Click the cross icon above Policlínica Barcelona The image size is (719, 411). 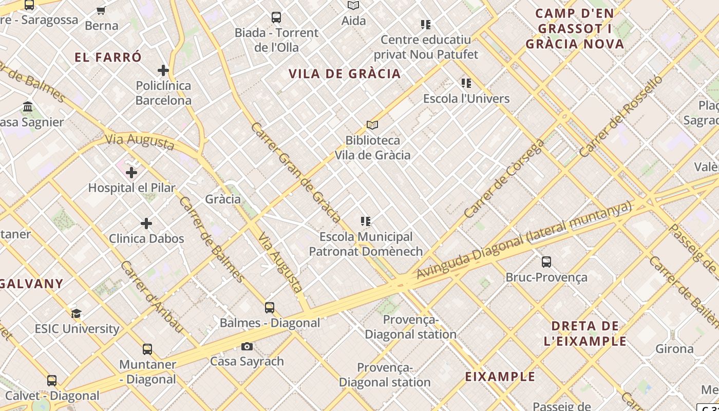coord(163,70)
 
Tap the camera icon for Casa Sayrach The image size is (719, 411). coord(247,346)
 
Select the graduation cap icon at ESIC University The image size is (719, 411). coord(77,313)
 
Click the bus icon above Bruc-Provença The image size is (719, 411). coord(546,262)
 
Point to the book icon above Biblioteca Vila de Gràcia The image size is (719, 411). coord(372,125)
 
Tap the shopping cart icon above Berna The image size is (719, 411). coord(101,10)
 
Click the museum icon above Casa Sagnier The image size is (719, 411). coord(28,107)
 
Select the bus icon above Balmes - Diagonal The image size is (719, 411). coord(270,308)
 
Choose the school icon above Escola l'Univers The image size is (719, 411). coord(466,83)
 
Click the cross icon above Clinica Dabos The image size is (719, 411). coord(146,223)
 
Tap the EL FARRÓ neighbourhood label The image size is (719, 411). coord(108,57)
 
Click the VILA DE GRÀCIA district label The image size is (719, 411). coord(345,73)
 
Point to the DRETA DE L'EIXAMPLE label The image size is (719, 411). coord(585,333)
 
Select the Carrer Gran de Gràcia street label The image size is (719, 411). coord(296,172)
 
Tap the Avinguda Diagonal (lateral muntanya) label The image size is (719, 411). coord(524,240)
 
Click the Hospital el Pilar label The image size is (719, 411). coord(132,188)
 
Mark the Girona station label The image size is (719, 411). coord(674,349)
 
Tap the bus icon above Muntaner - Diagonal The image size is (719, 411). coord(147,349)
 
